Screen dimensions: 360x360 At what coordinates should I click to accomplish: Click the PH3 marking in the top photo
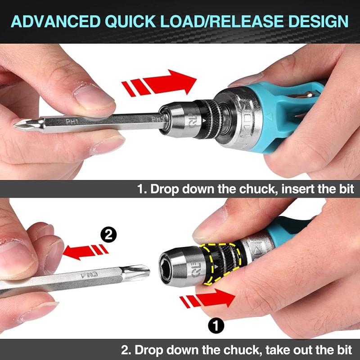[157, 119]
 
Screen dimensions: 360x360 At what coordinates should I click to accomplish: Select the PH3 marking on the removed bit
[89, 274]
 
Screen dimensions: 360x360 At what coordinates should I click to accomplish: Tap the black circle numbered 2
[108, 234]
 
